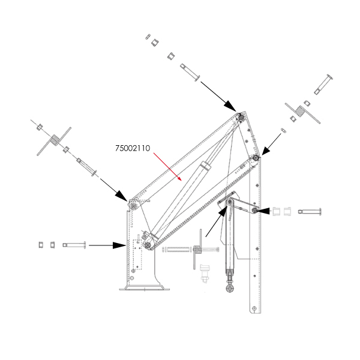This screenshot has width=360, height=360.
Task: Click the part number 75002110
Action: pos(133,148)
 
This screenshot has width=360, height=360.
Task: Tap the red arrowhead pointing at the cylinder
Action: pos(180,179)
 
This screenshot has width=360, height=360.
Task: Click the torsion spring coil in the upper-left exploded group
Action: pos(55,140)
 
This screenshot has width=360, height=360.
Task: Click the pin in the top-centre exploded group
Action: pos(190,73)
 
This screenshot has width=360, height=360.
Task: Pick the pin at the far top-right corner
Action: pos(323,84)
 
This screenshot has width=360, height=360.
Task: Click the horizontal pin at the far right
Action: pos(310,211)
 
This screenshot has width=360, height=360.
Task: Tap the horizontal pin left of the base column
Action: pos(74,245)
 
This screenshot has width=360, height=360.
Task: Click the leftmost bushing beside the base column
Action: pos(41,245)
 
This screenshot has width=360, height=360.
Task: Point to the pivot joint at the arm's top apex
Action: pos(241,117)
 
